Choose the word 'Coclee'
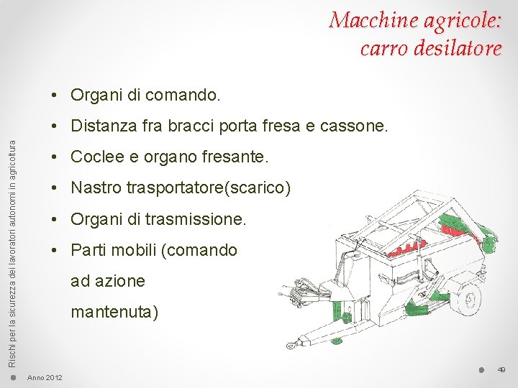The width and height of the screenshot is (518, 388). (96, 157)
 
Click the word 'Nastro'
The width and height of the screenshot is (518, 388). (96, 189)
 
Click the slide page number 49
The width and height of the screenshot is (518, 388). (501, 370)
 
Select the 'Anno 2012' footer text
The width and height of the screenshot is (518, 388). (45, 378)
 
